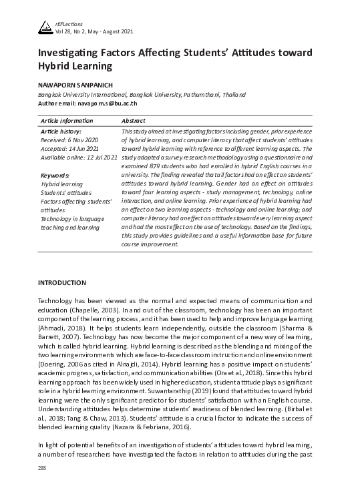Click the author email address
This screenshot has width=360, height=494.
109,103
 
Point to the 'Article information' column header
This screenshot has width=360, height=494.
67,120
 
